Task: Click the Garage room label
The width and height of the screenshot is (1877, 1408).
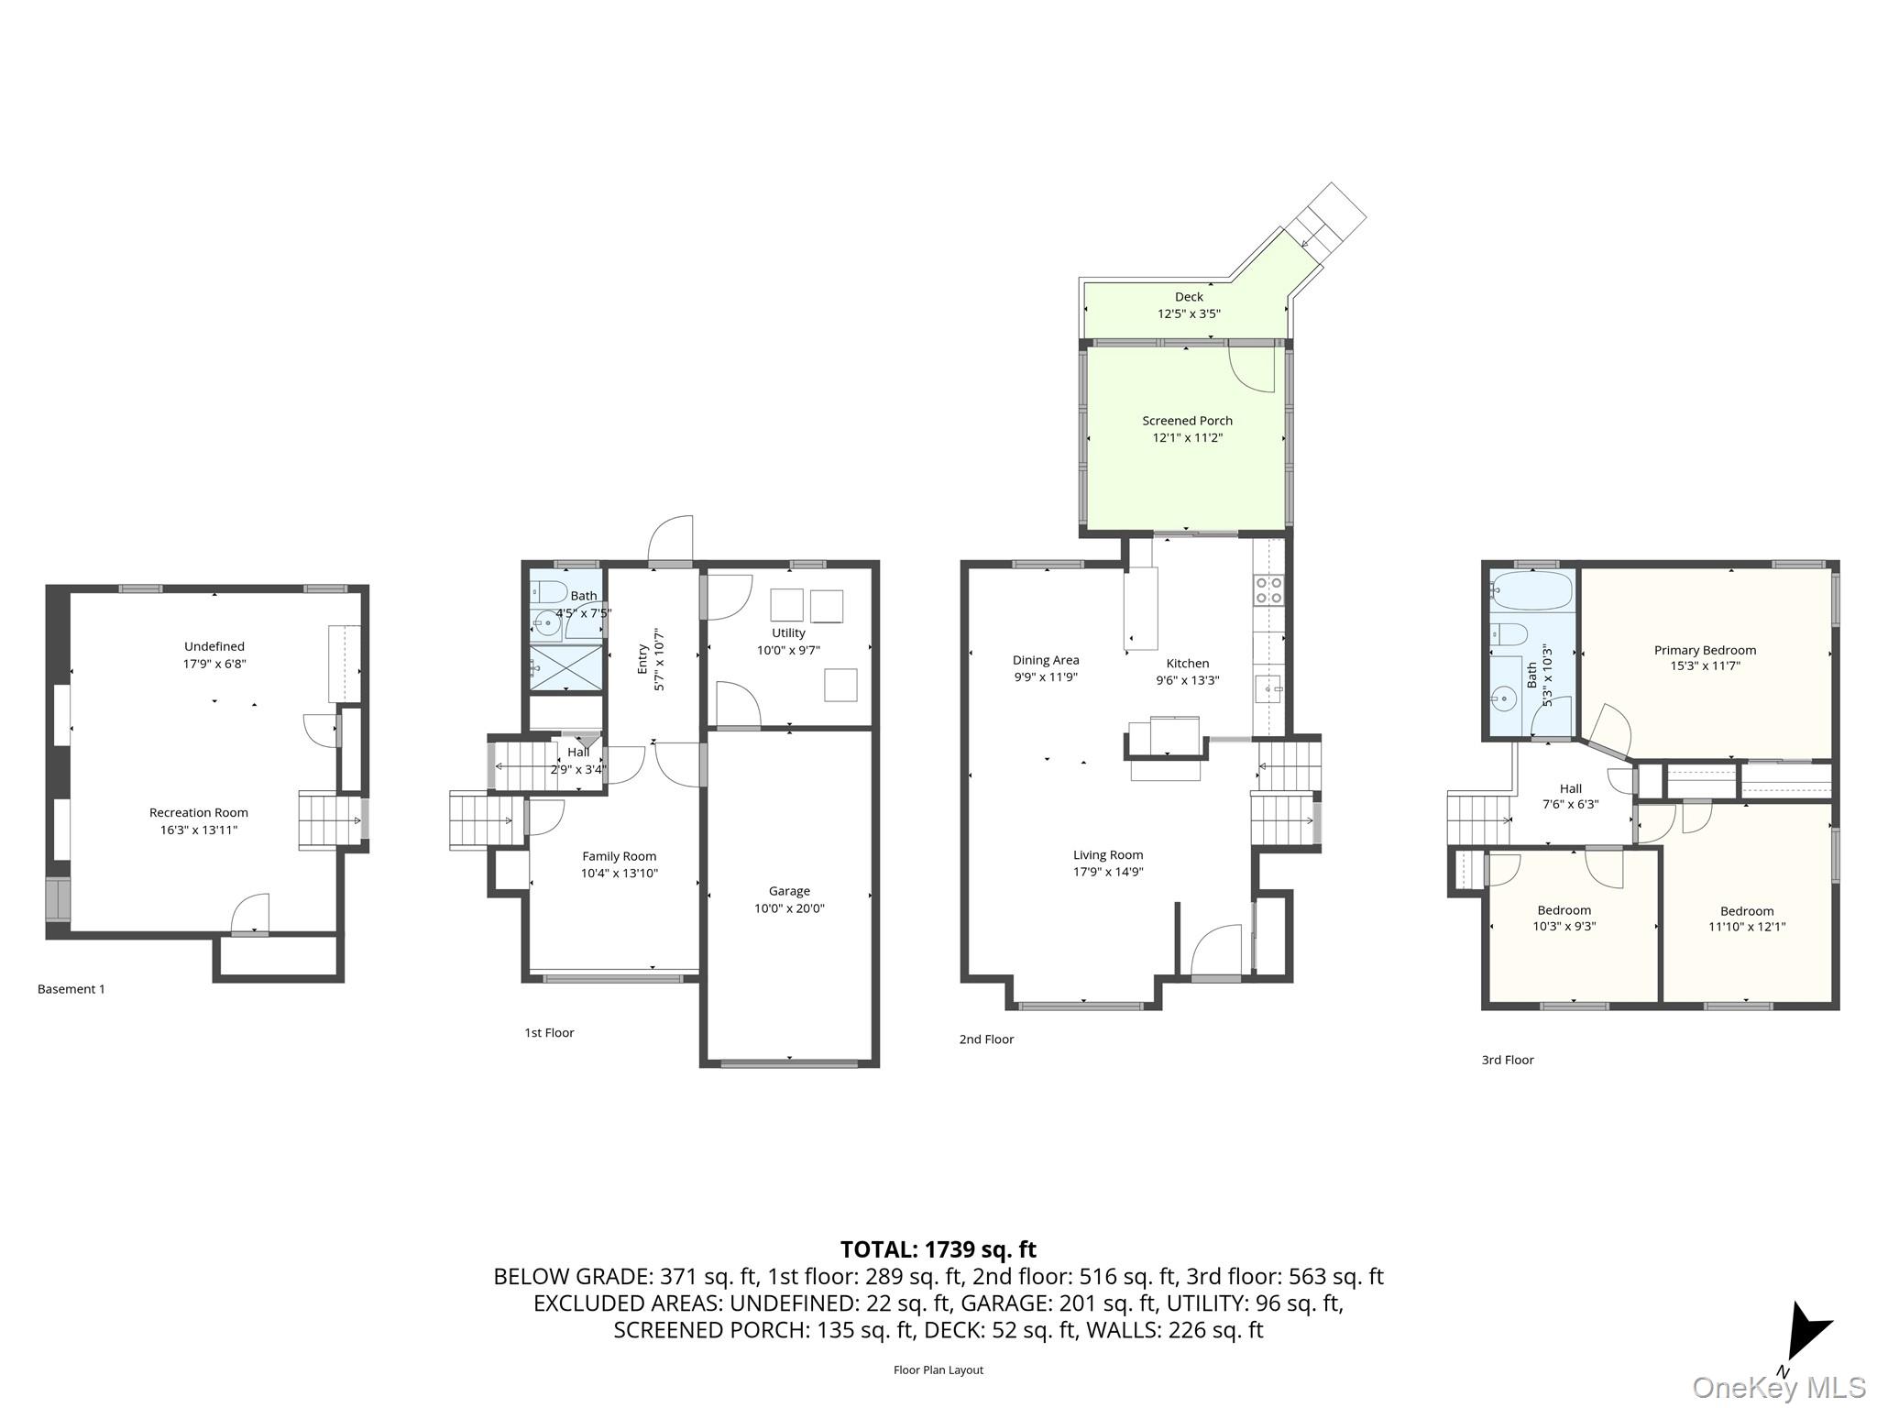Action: point(789,891)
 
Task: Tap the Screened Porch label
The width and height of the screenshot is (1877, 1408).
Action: point(1187,421)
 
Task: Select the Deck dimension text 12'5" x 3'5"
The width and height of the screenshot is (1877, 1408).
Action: point(1189,313)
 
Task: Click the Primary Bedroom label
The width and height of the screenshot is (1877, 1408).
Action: point(1705,650)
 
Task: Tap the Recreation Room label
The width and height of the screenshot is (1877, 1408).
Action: point(199,813)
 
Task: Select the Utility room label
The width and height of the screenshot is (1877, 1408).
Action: point(788,632)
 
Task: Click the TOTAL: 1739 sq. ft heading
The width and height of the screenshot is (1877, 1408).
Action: point(938,1249)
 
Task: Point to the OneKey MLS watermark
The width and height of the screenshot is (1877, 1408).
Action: point(1778,1388)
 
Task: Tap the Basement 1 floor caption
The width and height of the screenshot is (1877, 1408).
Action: point(71,989)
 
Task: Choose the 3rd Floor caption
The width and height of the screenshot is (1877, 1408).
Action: point(1508,1060)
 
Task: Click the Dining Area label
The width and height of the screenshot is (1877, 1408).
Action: point(1046,660)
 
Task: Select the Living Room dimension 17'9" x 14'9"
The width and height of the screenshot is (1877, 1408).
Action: point(1108,872)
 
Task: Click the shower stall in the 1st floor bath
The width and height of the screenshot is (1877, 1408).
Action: point(566,668)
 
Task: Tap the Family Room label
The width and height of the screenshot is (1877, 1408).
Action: point(620,856)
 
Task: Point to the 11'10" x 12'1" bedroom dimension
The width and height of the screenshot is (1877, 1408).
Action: point(1747,927)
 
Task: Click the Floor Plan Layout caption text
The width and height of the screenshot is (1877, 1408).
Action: point(938,1369)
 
